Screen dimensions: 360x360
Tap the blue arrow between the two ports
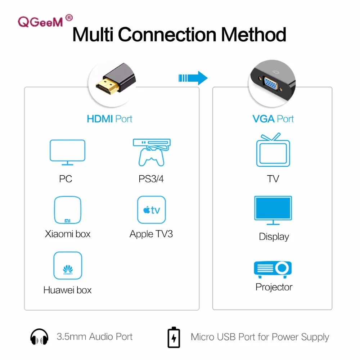click(x=193, y=78)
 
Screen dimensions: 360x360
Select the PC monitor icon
click(x=68, y=152)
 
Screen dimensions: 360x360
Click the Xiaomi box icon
click(x=68, y=210)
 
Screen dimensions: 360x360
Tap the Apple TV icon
click(x=152, y=210)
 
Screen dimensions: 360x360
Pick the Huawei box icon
click(x=68, y=266)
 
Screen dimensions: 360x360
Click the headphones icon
click(x=39, y=337)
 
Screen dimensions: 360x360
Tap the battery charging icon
click(x=174, y=337)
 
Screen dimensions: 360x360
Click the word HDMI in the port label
click(x=100, y=119)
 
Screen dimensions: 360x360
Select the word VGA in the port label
click(x=264, y=119)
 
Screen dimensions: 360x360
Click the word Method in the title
click(x=253, y=35)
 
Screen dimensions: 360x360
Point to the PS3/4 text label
click(x=151, y=179)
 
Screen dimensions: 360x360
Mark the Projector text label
click(x=274, y=287)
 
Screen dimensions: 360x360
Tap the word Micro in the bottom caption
click(x=202, y=337)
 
